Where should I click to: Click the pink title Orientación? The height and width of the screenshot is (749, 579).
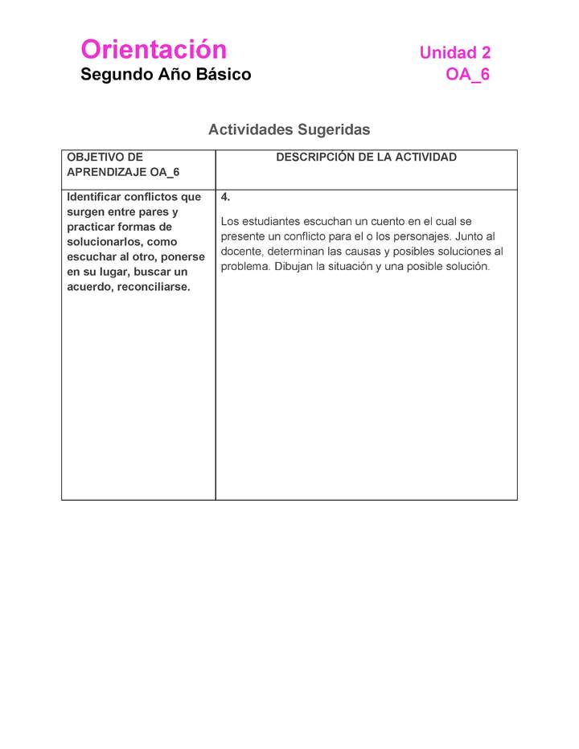point(154,50)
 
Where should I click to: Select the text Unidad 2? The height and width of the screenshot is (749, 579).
point(454,53)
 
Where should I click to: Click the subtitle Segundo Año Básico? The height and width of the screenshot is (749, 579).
point(166,75)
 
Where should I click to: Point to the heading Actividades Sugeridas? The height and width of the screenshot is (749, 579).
point(289,129)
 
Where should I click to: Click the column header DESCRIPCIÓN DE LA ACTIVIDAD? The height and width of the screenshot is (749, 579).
point(366,158)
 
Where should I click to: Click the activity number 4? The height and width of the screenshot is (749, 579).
point(225,197)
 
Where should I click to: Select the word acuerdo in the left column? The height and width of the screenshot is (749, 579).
point(90,287)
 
